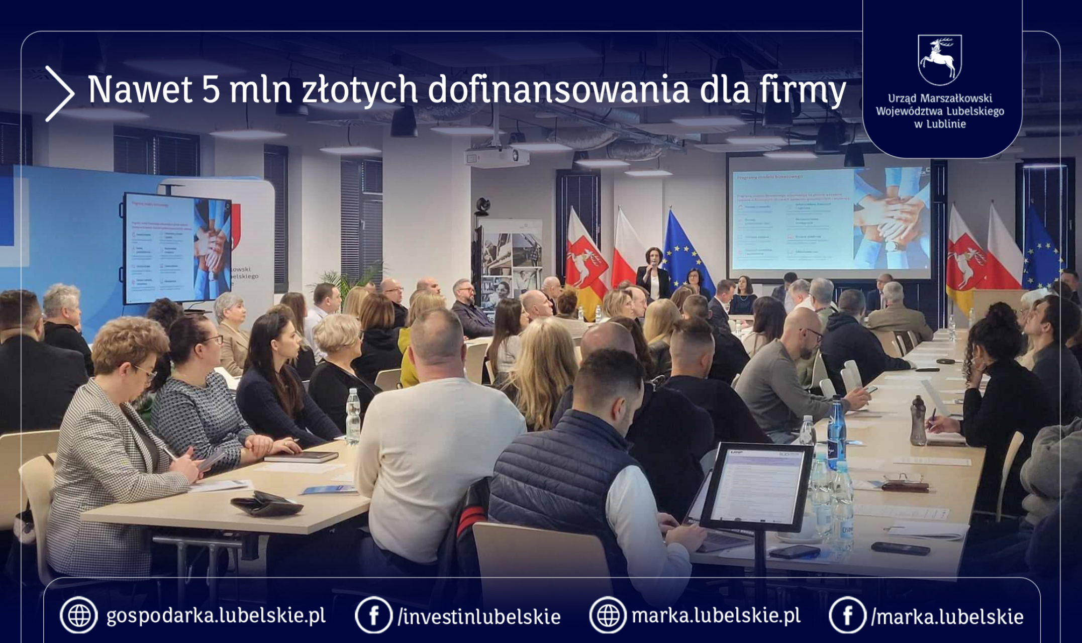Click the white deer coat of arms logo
click(x=939, y=59)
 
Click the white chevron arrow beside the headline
click(x=60, y=94)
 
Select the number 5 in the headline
click(x=211, y=90)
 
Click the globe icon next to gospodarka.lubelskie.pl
click(x=78, y=615)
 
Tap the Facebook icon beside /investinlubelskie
click(x=373, y=615)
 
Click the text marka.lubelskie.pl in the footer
click(x=716, y=615)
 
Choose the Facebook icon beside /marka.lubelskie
click(x=847, y=615)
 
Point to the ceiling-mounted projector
click(x=497, y=157)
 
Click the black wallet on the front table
click(x=267, y=504)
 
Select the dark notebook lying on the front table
click(x=301, y=457)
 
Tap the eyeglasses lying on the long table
click(x=903, y=479)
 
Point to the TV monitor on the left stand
click(x=175, y=248)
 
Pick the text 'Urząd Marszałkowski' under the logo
click(x=940, y=98)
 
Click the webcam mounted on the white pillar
click(x=483, y=205)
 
